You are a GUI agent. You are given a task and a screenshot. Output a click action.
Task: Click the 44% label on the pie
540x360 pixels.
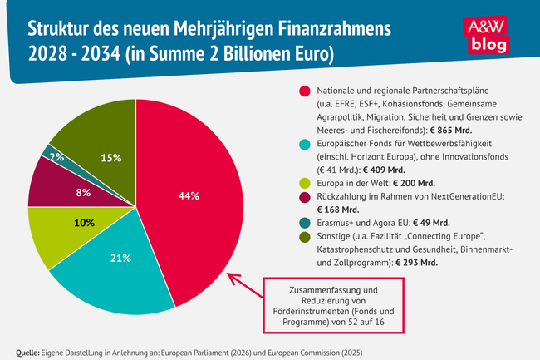tap(189, 196)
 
